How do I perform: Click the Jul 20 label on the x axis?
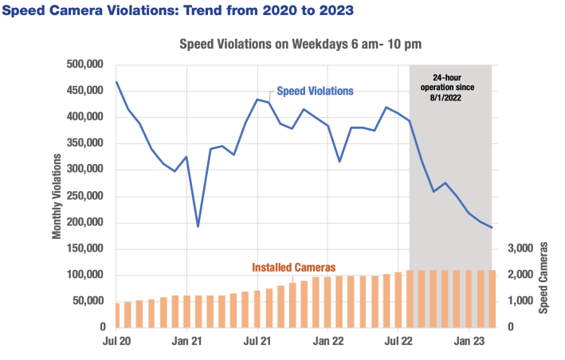116,342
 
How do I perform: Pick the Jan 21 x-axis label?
186,342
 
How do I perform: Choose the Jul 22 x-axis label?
398,342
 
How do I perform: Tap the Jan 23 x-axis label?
468,342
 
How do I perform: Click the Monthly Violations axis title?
58,195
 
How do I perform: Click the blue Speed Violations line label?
315,91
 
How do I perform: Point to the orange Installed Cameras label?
294,267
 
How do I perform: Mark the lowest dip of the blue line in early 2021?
198,226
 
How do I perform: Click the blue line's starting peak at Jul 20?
116,81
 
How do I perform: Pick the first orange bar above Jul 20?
116,315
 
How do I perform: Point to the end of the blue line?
492,228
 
